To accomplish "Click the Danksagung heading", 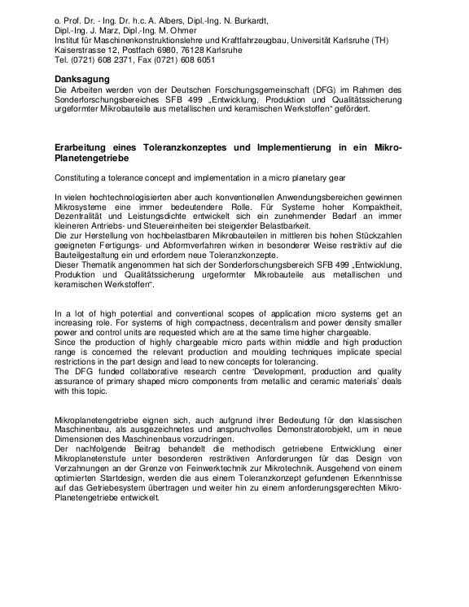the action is (82, 78).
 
